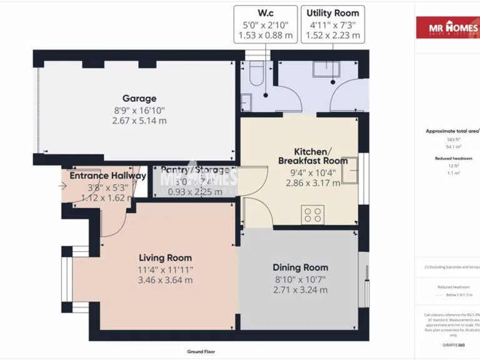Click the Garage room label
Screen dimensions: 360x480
coord(139,98)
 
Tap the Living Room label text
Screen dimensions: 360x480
coord(165,257)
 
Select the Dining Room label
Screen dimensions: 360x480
coord(300,267)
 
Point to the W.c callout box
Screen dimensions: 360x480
coord(266,24)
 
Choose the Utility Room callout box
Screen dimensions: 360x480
coord(332,24)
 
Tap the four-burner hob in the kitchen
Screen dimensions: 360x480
coord(312,215)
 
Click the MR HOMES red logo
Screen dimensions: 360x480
coord(447,27)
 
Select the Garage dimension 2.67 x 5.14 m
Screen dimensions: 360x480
coord(139,121)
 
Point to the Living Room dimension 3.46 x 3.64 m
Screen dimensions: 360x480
coord(165,280)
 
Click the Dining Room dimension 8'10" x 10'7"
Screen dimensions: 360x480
coord(300,279)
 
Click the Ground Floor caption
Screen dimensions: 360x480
coord(201,352)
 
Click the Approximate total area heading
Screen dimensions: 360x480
coord(452,131)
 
